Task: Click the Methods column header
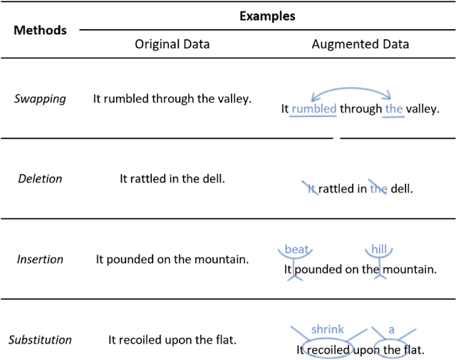(40, 30)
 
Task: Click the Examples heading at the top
(267, 15)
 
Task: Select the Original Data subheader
(172, 44)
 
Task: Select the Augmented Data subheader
(361, 44)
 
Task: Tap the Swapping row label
(40, 98)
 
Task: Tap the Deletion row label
(40, 178)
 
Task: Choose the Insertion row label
(40, 259)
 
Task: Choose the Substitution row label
(40, 340)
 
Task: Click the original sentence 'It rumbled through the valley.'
(172, 98)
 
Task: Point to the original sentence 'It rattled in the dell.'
(172, 178)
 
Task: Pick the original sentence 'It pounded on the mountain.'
(172, 259)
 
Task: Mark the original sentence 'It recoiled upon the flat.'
(172, 340)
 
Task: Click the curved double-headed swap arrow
(351, 91)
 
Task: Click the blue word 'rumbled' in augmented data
(313, 109)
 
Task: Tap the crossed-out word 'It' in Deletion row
(311, 189)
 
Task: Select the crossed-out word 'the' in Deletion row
(378, 189)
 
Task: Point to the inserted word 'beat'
(296, 250)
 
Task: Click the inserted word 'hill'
(378, 250)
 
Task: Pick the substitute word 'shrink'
(327, 329)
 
